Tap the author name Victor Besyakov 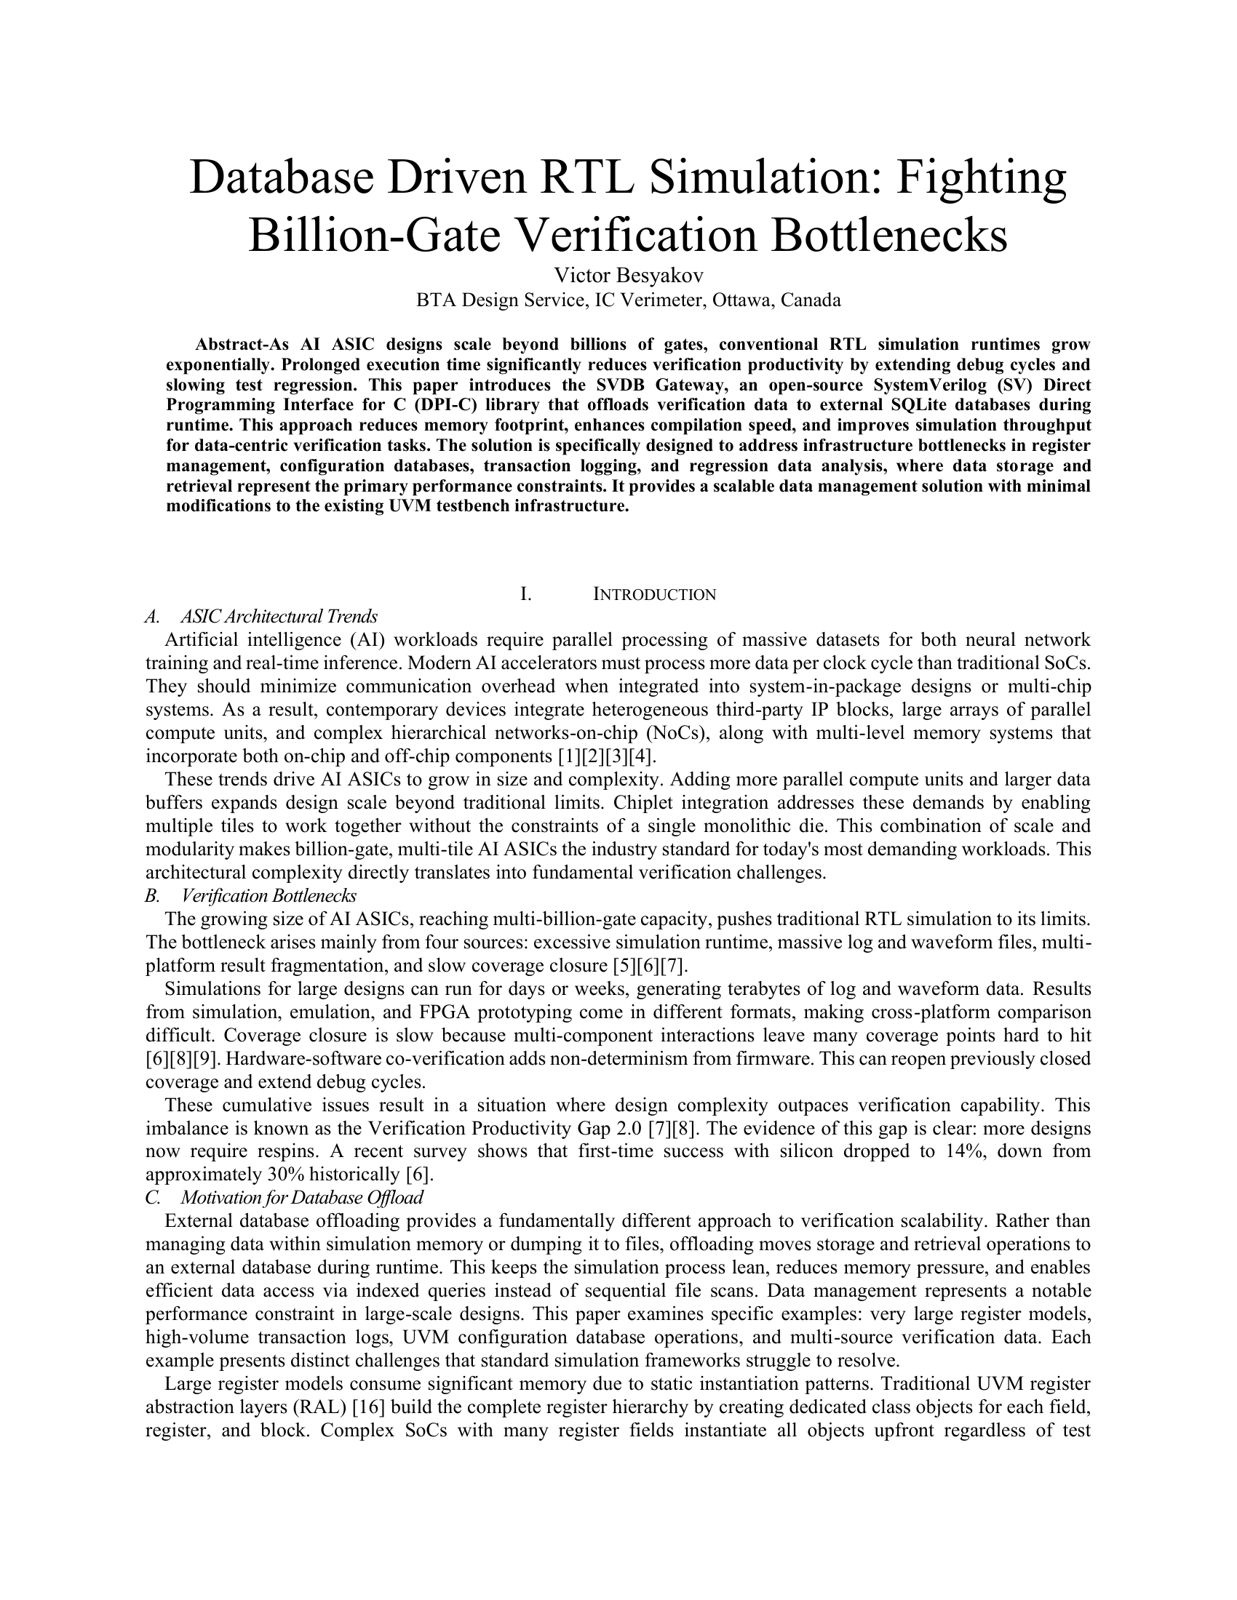point(629,276)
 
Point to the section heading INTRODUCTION point(653,594)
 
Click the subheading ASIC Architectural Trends point(279,616)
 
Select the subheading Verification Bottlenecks point(269,896)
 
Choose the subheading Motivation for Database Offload point(302,1198)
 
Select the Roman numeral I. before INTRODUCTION point(525,594)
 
